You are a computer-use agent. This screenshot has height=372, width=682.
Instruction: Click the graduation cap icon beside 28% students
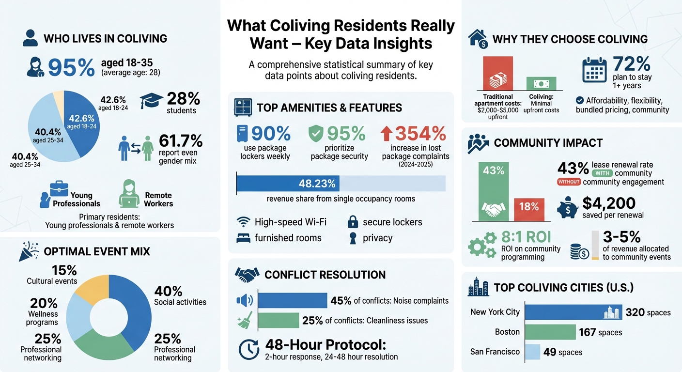(x=151, y=100)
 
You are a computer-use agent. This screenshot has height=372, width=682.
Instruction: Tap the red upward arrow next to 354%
(x=387, y=134)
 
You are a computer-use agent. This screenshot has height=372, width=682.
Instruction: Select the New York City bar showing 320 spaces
(x=573, y=312)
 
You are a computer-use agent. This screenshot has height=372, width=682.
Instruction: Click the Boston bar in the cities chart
(x=550, y=332)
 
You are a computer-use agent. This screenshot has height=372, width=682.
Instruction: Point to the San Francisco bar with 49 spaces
(x=532, y=352)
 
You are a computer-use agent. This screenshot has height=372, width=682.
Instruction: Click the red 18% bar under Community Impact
(x=529, y=209)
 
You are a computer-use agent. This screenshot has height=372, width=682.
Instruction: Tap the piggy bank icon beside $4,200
(x=568, y=208)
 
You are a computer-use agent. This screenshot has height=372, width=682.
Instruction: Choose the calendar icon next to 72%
(x=594, y=70)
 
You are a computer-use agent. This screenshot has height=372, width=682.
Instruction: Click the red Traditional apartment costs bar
(x=498, y=73)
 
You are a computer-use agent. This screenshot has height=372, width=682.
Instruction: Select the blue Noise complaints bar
(x=293, y=301)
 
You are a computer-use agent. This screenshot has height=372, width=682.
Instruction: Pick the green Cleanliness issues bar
(x=279, y=320)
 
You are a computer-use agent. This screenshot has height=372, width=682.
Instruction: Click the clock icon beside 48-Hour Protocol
(x=249, y=349)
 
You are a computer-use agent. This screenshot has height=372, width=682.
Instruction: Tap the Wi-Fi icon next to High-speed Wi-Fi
(x=243, y=222)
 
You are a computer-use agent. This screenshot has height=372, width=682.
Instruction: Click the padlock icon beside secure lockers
(x=353, y=222)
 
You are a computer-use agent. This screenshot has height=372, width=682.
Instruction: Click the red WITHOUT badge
(x=569, y=182)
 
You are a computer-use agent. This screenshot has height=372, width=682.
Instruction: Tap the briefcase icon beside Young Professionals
(x=59, y=189)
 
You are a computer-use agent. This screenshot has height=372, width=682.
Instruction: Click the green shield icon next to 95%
(x=316, y=134)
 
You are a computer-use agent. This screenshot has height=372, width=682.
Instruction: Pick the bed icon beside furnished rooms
(x=243, y=238)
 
